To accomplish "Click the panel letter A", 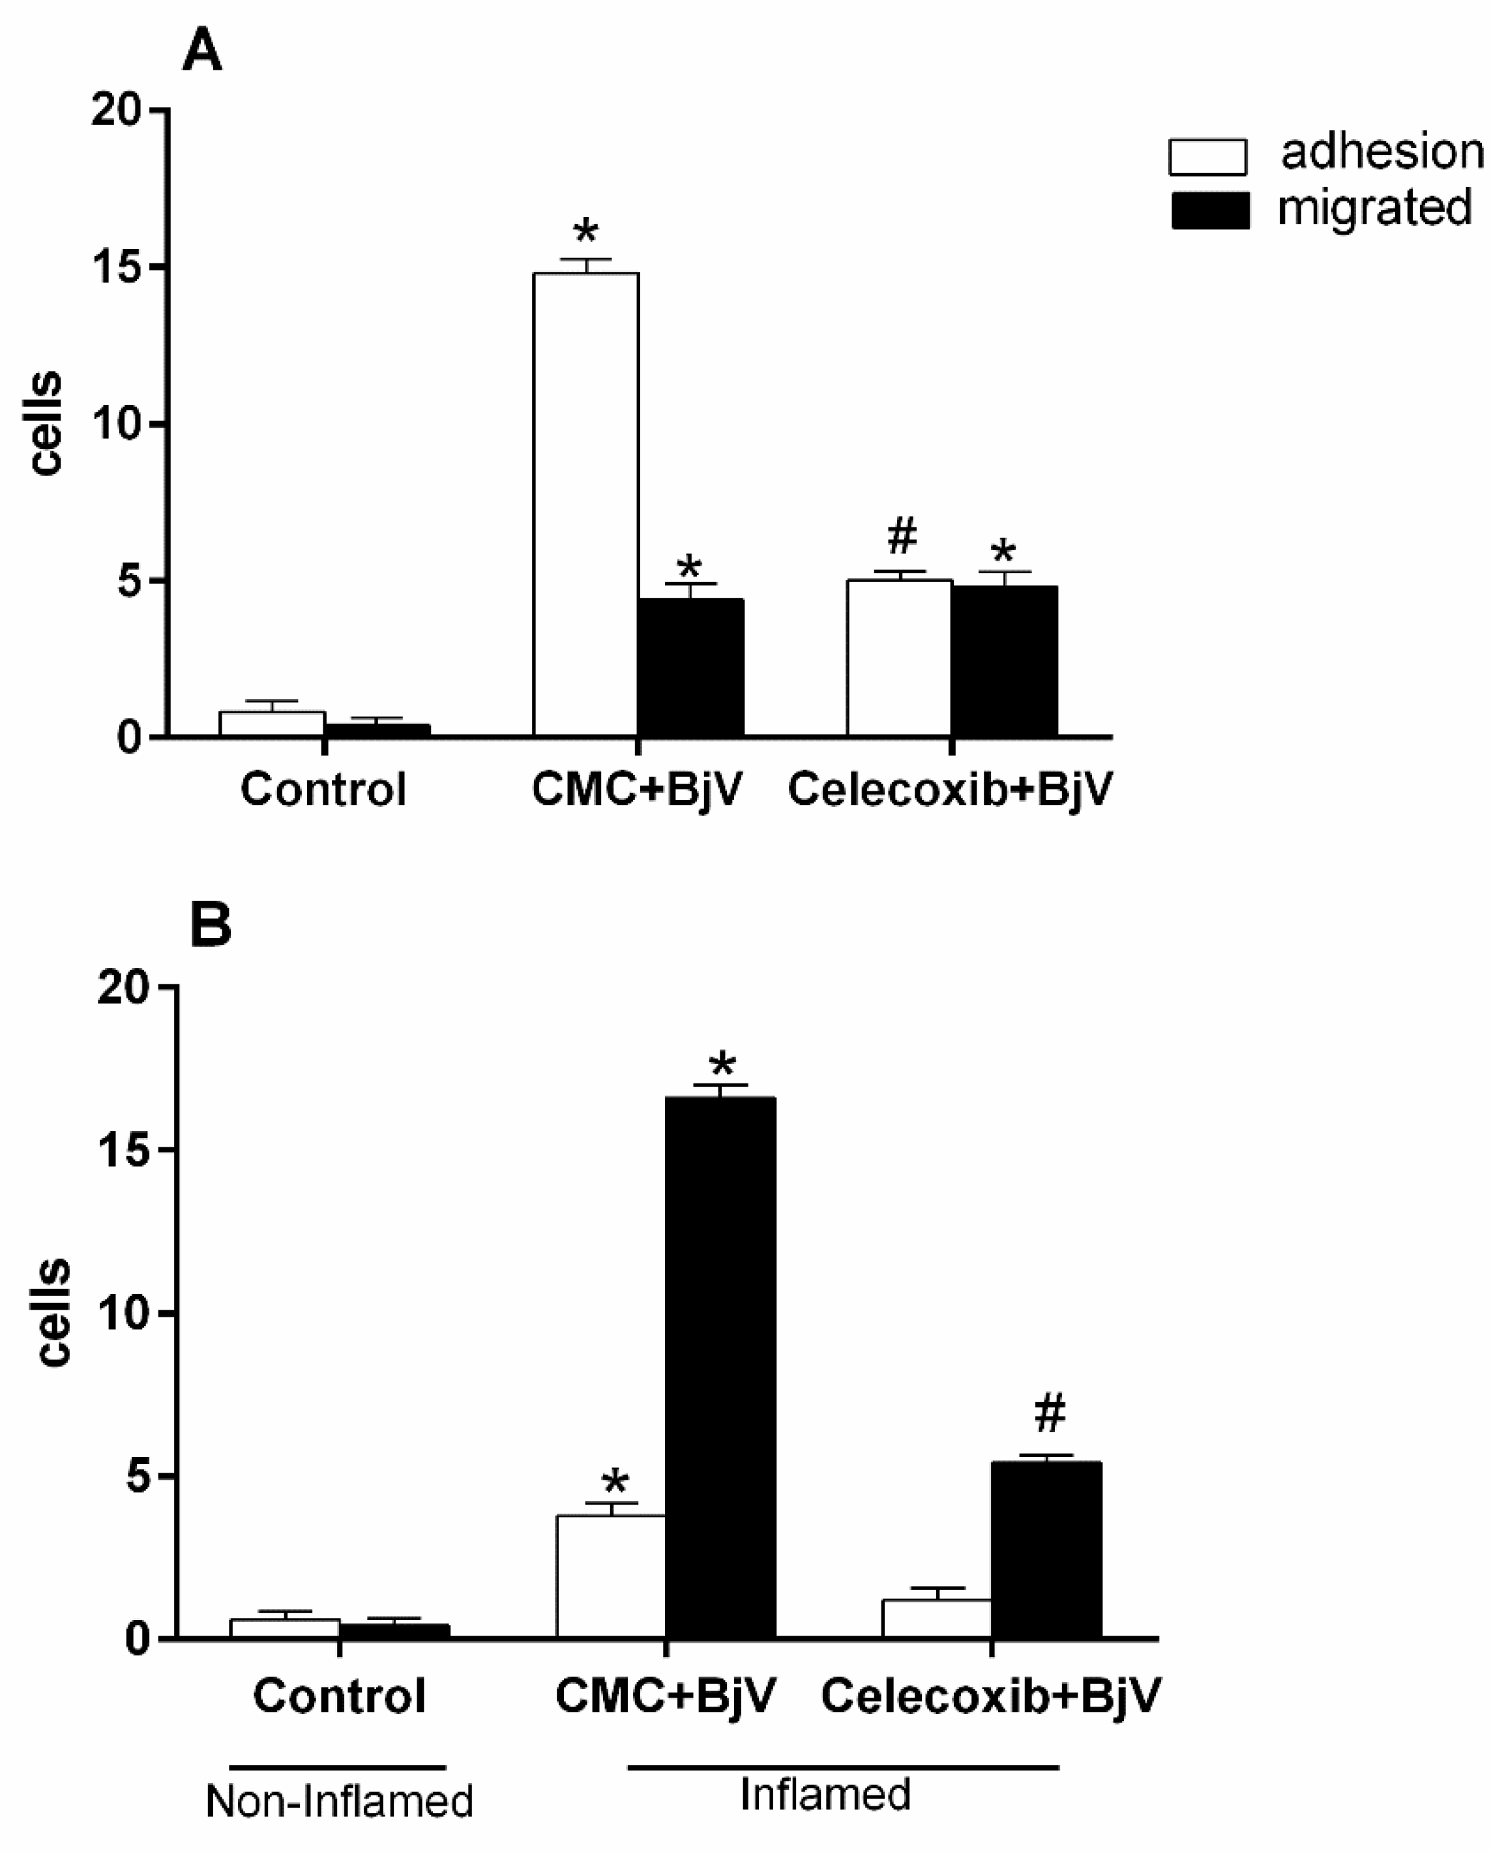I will pyautogui.click(x=203, y=51).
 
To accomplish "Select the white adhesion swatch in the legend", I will pyautogui.click(x=1207, y=157).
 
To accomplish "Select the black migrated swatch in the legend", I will pyautogui.click(x=1210, y=211).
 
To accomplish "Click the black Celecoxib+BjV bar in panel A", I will pyautogui.click(x=1004, y=662).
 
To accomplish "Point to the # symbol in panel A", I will pyautogui.click(x=901, y=536).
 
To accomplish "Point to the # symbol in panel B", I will pyautogui.click(x=1050, y=1414).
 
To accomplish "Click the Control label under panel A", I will pyautogui.click(x=323, y=789).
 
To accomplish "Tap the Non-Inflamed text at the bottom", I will pyautogui.click(x=339, y=1801).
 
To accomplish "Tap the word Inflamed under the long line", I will pyautogui.click(x=825, y=1795).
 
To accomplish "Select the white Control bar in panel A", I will pyautogui.click(x=271, y=724).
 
